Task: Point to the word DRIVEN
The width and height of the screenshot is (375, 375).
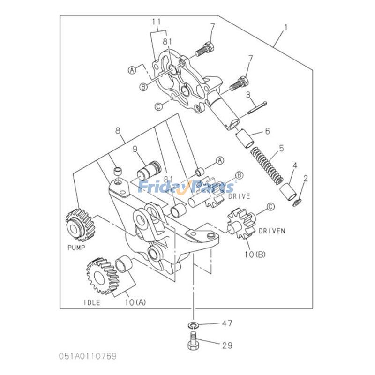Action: tap(272, 231)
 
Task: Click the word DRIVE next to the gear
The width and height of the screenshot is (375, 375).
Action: tap(239, 196)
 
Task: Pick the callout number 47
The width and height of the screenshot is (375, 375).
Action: tap(226, 323)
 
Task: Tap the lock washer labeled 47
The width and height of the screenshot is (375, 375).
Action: tap(193, 324)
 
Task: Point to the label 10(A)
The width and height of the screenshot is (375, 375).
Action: tap(135, 302)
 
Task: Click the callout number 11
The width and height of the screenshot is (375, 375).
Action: tap(156, 22)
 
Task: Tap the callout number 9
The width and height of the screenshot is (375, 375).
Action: tap(135, 150)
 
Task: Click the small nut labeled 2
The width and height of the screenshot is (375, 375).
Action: tap(296, 202)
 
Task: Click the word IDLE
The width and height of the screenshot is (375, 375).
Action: tap(92, 302)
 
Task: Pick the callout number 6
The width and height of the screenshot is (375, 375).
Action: tap(267, 131)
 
